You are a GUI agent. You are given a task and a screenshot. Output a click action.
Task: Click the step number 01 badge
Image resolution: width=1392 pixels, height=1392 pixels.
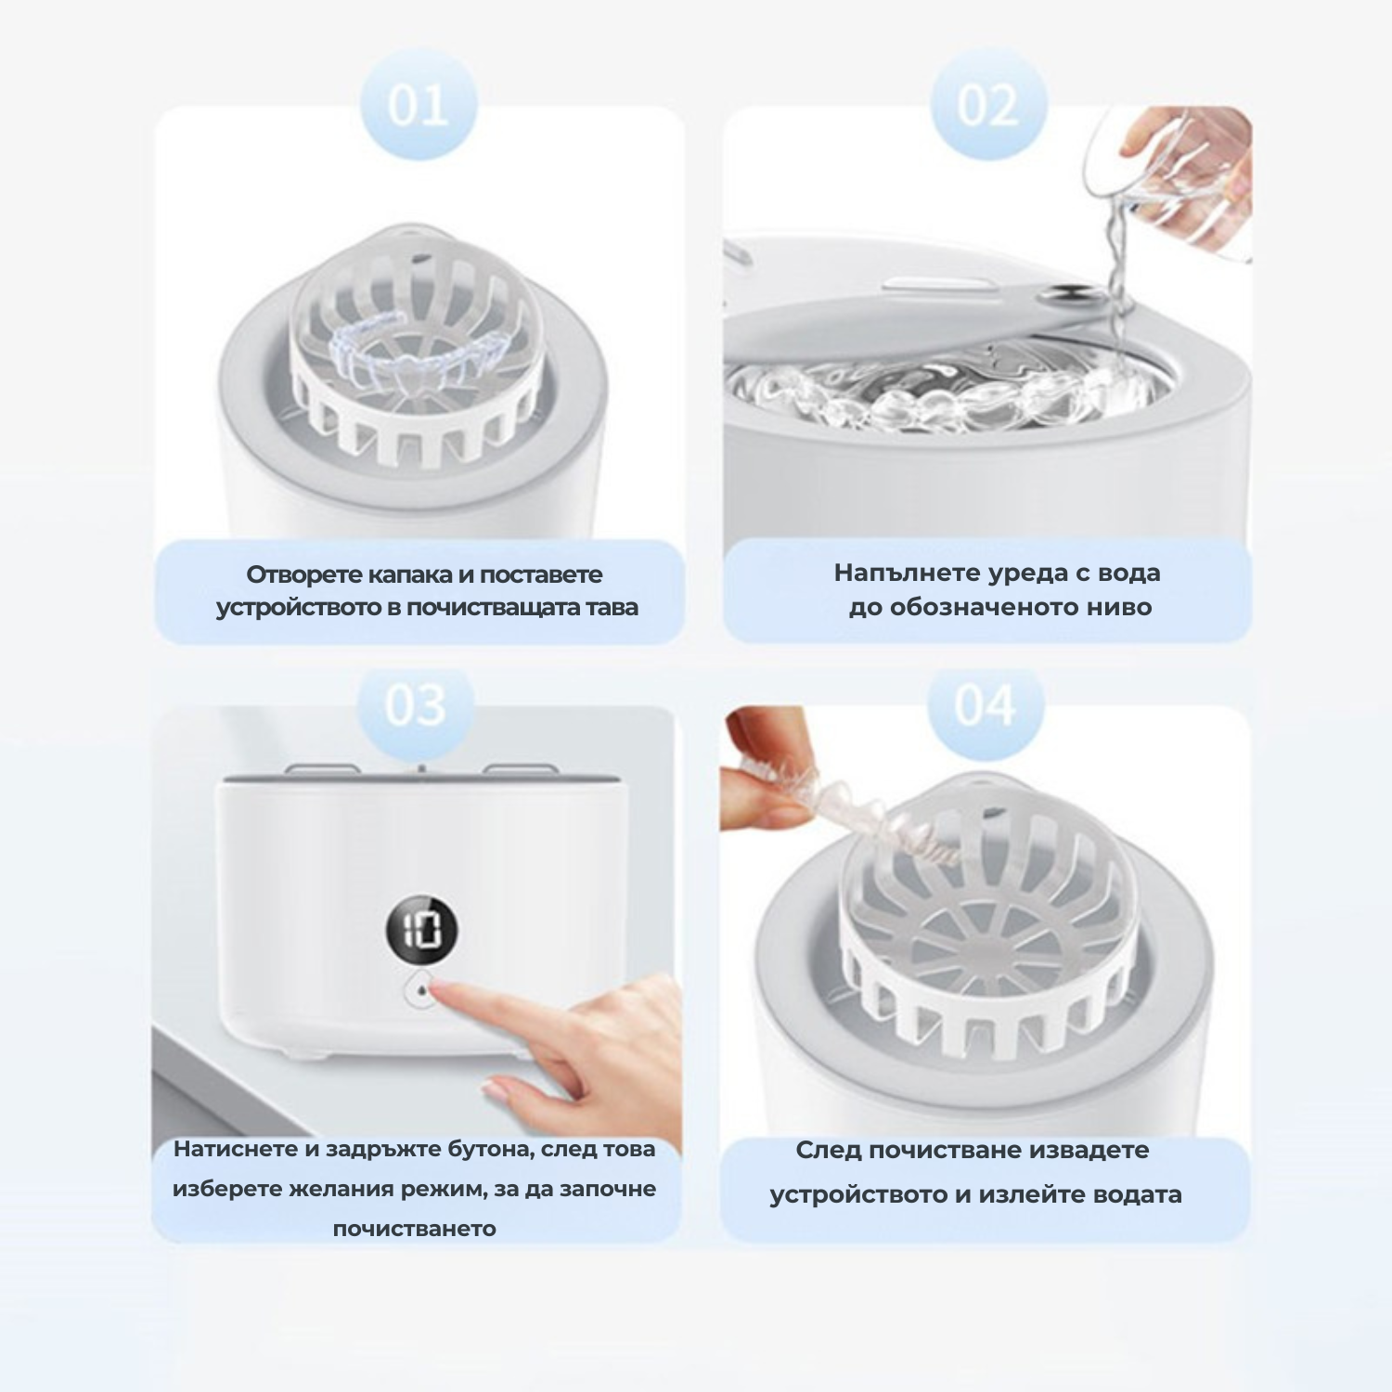pyautogui.click(x=418, y=105)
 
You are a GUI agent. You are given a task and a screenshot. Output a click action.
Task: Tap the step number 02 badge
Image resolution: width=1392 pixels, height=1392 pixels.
pyautogui.click(x=987, y=105)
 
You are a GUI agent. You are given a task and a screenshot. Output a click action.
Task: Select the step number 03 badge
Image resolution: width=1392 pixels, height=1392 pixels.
pyautogui.click(x=417, y=706)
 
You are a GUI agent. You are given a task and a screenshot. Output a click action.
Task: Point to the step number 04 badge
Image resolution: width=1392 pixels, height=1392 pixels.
pyautogui.click(x=986, y=706)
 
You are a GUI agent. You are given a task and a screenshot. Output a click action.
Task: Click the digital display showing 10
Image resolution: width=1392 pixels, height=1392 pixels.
pyautogui.click(x=422, y=929)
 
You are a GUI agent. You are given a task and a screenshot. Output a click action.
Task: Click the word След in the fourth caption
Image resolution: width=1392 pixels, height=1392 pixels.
pyautogui.click(x=824, y=1151)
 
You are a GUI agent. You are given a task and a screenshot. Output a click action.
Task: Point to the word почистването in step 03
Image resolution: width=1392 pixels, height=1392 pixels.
pyautogui.click(x=414, y=1229)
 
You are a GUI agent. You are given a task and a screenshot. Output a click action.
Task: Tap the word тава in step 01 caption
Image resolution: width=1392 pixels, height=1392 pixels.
pyautogui.click(x=614, y=608)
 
